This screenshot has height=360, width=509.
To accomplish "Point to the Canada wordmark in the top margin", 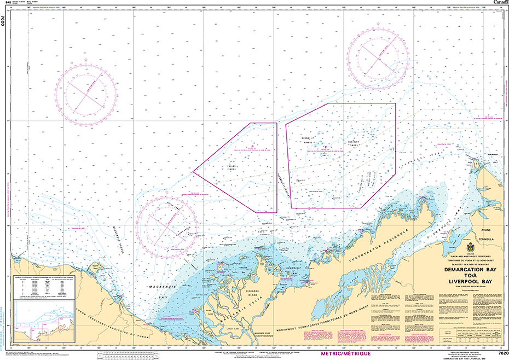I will pos(500,3).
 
